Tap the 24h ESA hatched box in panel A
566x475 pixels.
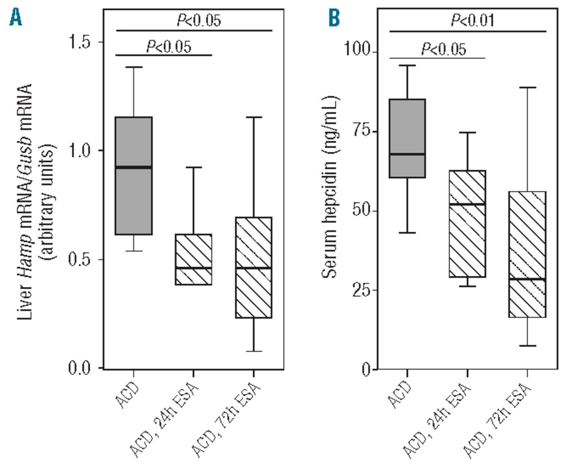coord(194,259)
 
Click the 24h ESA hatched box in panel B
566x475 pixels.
coord(467,224)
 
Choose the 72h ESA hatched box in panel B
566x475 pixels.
coord(528,254)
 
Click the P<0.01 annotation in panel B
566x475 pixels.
coord(472,20)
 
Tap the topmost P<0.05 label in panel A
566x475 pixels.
coord(199,20)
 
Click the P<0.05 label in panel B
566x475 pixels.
coord(444,49)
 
